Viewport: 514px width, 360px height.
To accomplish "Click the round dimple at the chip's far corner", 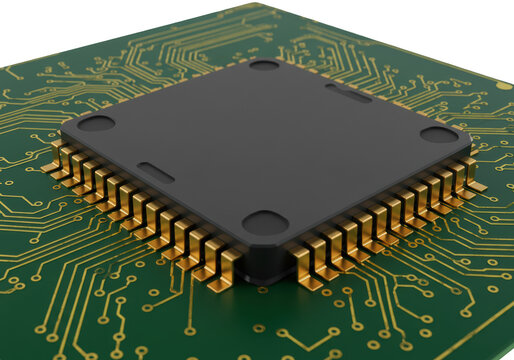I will (x=264, y=65).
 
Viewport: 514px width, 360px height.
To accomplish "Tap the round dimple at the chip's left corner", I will (x=97, y=123).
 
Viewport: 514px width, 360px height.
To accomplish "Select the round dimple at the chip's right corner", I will (x=438, y=134).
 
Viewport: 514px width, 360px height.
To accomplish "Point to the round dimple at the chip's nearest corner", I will (x=265, y=222).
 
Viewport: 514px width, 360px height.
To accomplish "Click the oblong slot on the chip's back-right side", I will (x=347, y=93).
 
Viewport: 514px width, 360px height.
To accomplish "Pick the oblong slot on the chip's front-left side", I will (x=156, y=171).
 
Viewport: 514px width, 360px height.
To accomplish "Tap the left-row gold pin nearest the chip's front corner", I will (x=228, y=268).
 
